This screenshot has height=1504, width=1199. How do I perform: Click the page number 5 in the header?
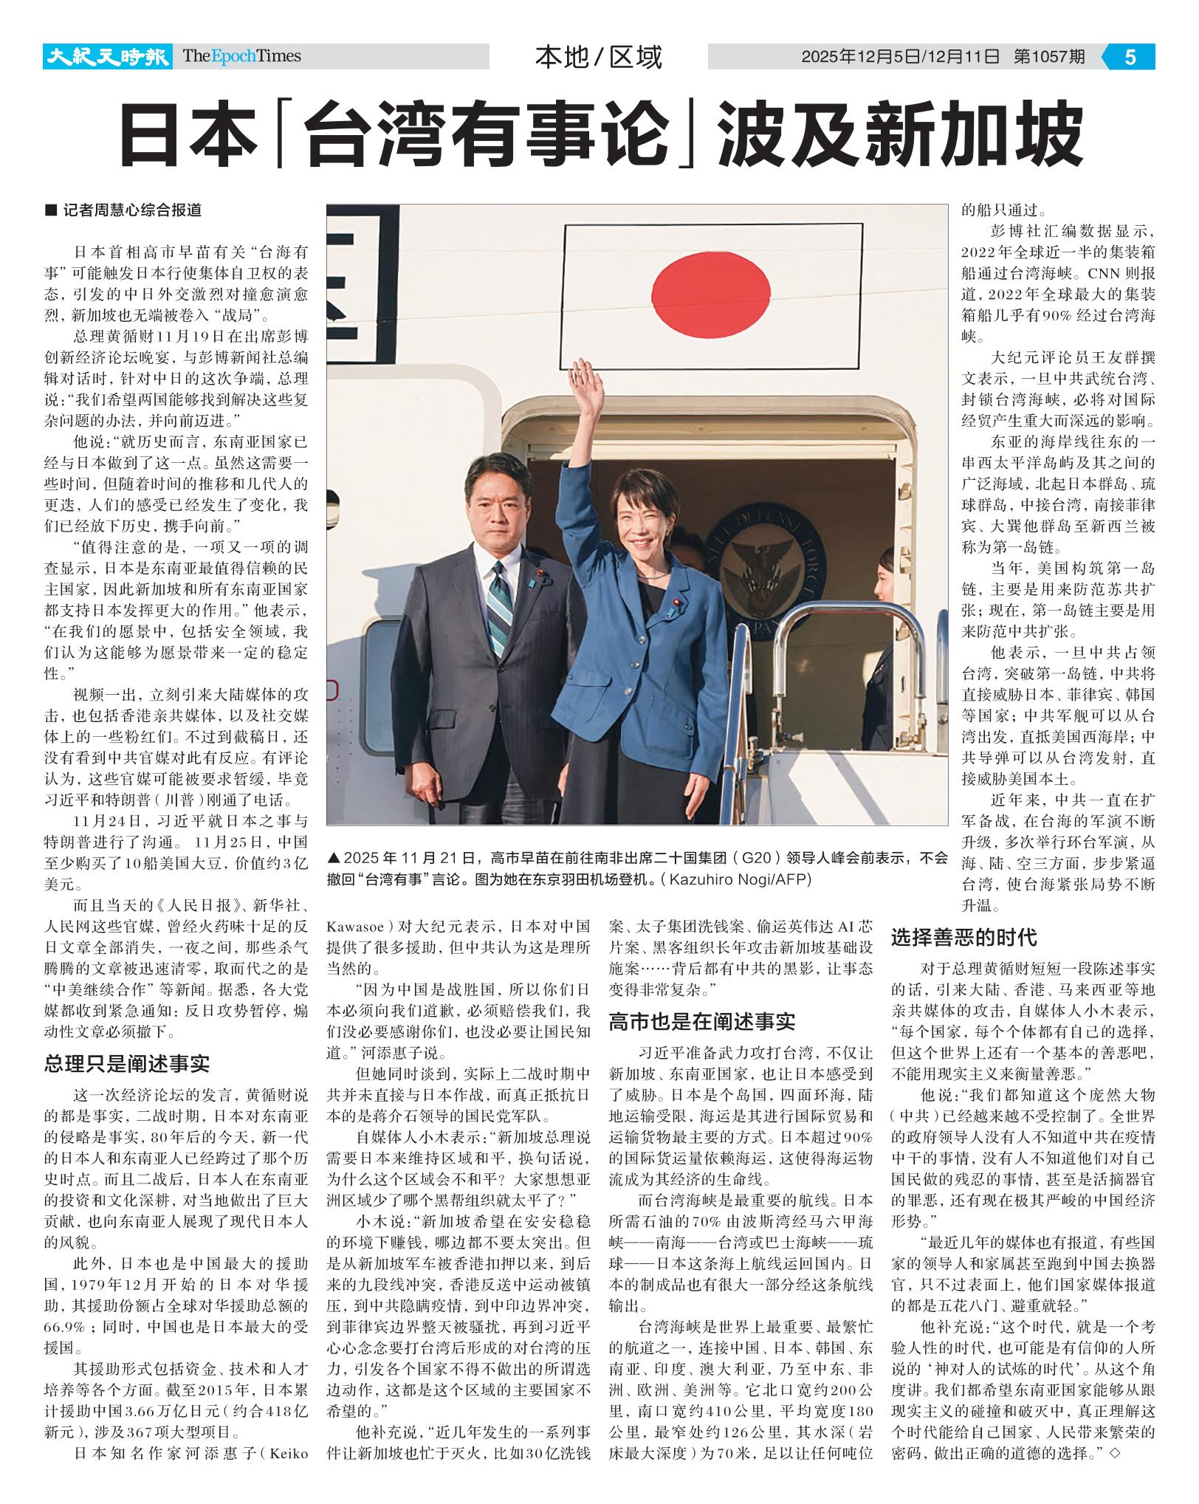coord(1130,57)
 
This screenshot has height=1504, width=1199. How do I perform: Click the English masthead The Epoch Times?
coord(241,56)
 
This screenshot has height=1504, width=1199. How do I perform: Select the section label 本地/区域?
coord(598,57)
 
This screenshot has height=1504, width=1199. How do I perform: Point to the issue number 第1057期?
coord(1049,57)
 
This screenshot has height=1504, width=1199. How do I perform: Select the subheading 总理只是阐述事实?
coord(127,1063)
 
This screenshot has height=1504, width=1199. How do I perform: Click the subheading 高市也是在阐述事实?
coord(701,1022)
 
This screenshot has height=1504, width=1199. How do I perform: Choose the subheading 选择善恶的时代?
coord(963,938)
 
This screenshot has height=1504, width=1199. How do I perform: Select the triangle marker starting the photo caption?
coord(334,858)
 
